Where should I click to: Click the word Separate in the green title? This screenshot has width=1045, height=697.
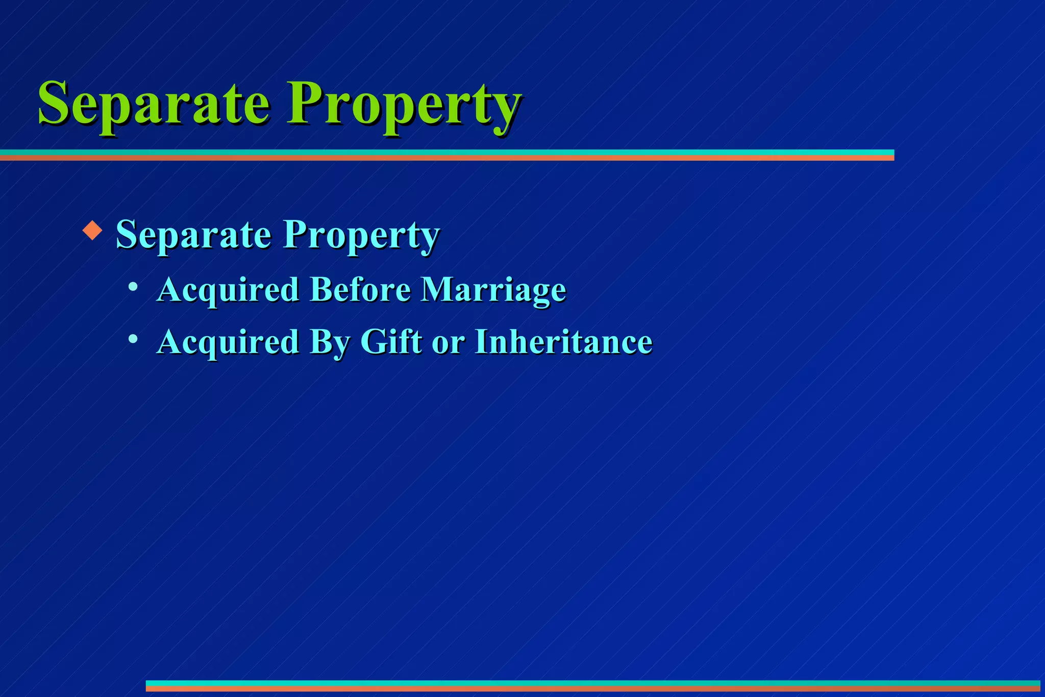(153, 105)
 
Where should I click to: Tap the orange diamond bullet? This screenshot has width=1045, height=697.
(92, 230)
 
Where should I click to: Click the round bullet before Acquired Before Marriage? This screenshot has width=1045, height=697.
(133, 287)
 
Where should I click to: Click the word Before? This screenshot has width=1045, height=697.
(360, 290)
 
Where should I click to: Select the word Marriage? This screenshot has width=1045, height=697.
(493, 291)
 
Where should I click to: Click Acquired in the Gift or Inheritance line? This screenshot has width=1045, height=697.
(228, 342)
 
